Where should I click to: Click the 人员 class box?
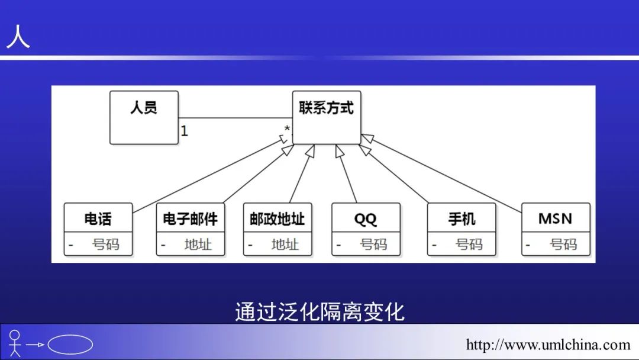(144, 117)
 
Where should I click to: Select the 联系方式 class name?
(326, 108)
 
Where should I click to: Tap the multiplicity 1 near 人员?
(185, 131)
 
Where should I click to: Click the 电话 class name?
(98, 218)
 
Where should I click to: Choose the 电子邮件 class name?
(191, 218)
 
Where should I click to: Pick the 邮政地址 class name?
(277, 218)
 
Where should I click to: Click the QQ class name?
(366, 218)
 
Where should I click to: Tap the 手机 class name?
(461, 218)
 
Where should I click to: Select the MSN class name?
(556, 218)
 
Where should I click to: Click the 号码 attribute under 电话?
(106, 244)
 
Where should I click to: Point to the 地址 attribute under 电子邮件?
(198, 244)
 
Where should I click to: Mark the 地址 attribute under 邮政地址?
(285, 244)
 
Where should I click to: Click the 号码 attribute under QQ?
(374, 244)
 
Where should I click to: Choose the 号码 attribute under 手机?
(469, 244)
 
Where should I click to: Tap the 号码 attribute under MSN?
(563, 244)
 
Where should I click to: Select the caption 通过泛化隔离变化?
(319, 311)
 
